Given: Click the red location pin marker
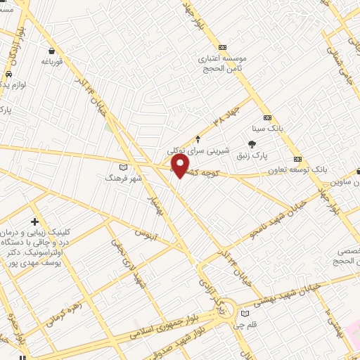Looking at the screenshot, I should [x=181, y=166].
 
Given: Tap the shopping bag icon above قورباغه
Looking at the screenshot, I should [x=53, y=51].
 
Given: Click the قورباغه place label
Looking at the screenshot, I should [x=52, y=62].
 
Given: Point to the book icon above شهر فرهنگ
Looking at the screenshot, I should [x=124, y=167].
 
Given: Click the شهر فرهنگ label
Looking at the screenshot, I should [x=124, y=179].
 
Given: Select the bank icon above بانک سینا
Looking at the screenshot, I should [x=267, y=118].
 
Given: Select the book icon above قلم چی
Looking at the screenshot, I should [x=245, y=314].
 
